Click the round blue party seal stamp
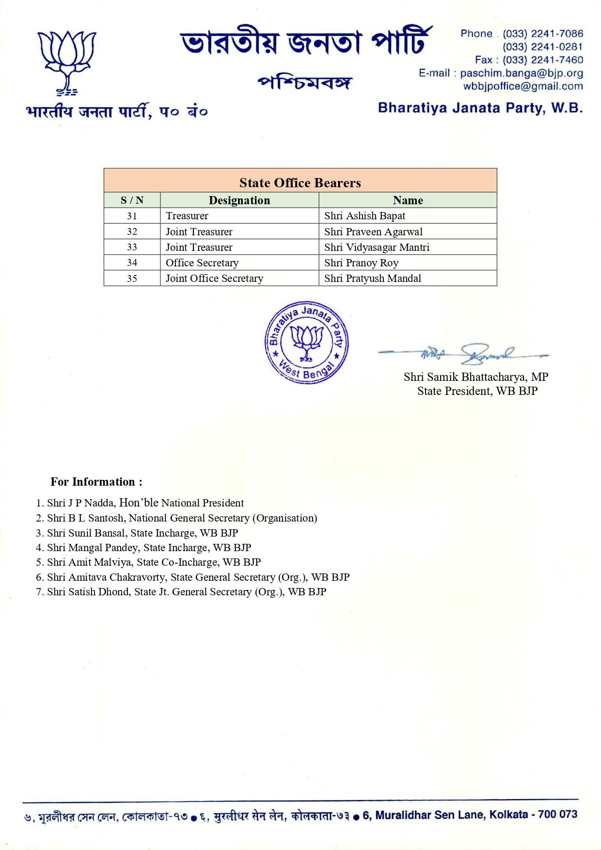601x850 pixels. (306, 343)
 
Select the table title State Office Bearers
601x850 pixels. (300, 183)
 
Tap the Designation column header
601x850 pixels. (239, 200)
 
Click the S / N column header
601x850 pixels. (132, 200)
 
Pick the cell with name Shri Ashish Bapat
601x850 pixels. (364, 216)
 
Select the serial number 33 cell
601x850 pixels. (132, 247)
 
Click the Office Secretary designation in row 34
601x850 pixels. (202, 262)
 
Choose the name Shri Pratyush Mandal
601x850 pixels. (373, 278)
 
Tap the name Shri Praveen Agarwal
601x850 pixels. (373, 231)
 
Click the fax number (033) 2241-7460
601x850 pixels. (542, 60)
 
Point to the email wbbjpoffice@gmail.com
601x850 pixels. (523, 86)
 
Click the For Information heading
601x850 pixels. (96, 482)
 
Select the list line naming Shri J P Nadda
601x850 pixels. (141, 503)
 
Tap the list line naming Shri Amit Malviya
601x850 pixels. (149, 562)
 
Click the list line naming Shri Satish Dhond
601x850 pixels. (182, 592)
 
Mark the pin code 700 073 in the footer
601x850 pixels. (557, 815)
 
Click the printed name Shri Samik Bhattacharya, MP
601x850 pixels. (475, 377)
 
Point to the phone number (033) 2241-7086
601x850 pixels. (542, 34)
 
